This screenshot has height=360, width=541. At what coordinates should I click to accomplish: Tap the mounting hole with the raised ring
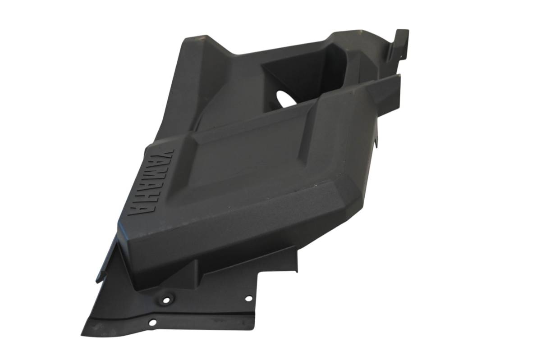click(x=166, y=300)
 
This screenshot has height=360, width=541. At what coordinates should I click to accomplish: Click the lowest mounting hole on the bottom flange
click(x=152, y=322)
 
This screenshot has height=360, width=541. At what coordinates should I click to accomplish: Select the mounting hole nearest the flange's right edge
click(x=248, y=299)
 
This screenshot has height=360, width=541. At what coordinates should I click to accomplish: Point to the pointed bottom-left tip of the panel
click(x=82, y=334)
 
